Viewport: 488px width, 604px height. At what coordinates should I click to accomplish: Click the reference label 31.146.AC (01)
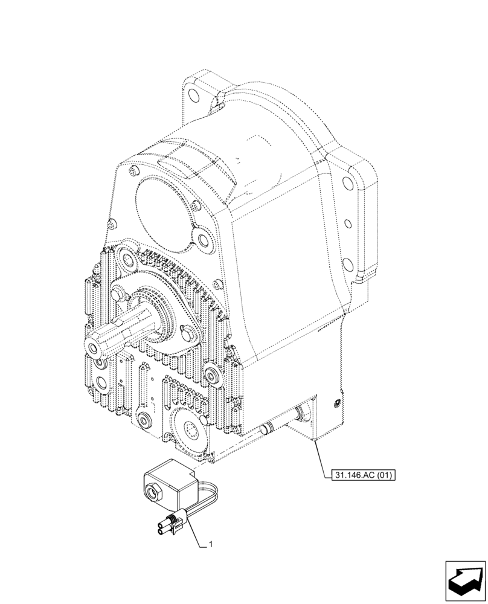363,475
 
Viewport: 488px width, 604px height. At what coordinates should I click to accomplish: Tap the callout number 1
210,545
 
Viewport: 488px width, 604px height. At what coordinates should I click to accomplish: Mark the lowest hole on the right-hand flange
348,263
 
